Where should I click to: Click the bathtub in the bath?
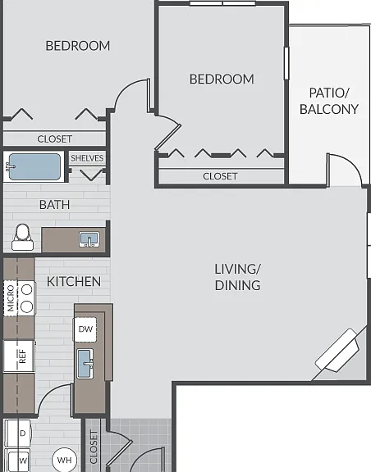(x=34, y=167)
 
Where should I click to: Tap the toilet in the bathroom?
(x=22, y=237)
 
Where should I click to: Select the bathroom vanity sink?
(x=89, y=239)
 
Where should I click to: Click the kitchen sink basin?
(x=85, y=364)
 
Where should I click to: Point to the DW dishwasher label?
(x=85, y=329)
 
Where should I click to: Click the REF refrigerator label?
(x=23, y=356)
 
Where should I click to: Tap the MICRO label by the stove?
(x=11, y=298)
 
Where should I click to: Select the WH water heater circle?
(x=64, y=460)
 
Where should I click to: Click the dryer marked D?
(x=17, y=433)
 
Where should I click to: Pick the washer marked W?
(x=18, y=461)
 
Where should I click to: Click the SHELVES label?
(x=87, y=158)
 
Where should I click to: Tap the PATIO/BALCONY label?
(x=329, y=101)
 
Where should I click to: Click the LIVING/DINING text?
(x=237, y=277)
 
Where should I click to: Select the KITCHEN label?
(x=74, y=281)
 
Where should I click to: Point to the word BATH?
(x=55, y=205)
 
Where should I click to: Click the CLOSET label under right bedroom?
(x=220, y=176)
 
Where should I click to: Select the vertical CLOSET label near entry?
(x=94, y=447)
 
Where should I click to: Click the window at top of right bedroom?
(x=223, y=3)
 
